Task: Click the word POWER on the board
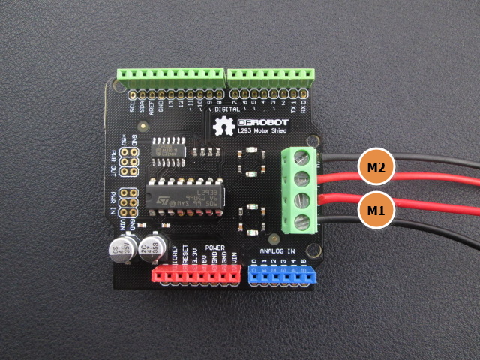[x=214, y=247]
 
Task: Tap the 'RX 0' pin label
[x=303, y=106]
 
